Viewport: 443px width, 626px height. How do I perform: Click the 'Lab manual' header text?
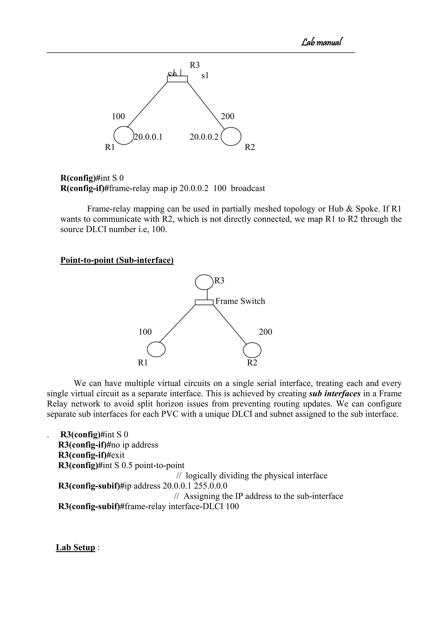322,42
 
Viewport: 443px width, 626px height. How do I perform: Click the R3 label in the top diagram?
194,65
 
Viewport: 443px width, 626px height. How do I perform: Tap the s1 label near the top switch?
205,75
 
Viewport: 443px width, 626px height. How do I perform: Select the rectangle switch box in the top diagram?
177,79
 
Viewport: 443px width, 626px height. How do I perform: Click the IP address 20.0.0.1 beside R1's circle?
148,137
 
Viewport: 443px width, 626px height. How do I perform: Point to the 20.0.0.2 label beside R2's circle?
204,137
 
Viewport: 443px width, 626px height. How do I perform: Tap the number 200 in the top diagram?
228,116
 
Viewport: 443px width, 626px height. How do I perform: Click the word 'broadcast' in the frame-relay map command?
248,188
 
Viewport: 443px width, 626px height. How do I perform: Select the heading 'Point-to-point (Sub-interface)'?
117,260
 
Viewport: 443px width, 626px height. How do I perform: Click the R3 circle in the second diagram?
204,282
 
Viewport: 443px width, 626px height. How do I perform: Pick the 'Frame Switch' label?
240,301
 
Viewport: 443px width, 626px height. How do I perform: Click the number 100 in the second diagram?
145,332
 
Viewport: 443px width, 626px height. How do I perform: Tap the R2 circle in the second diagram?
252,350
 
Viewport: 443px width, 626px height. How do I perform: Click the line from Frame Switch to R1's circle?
177,324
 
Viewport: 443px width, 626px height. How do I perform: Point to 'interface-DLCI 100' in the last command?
204,506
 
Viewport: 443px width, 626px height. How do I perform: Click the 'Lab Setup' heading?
75,547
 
